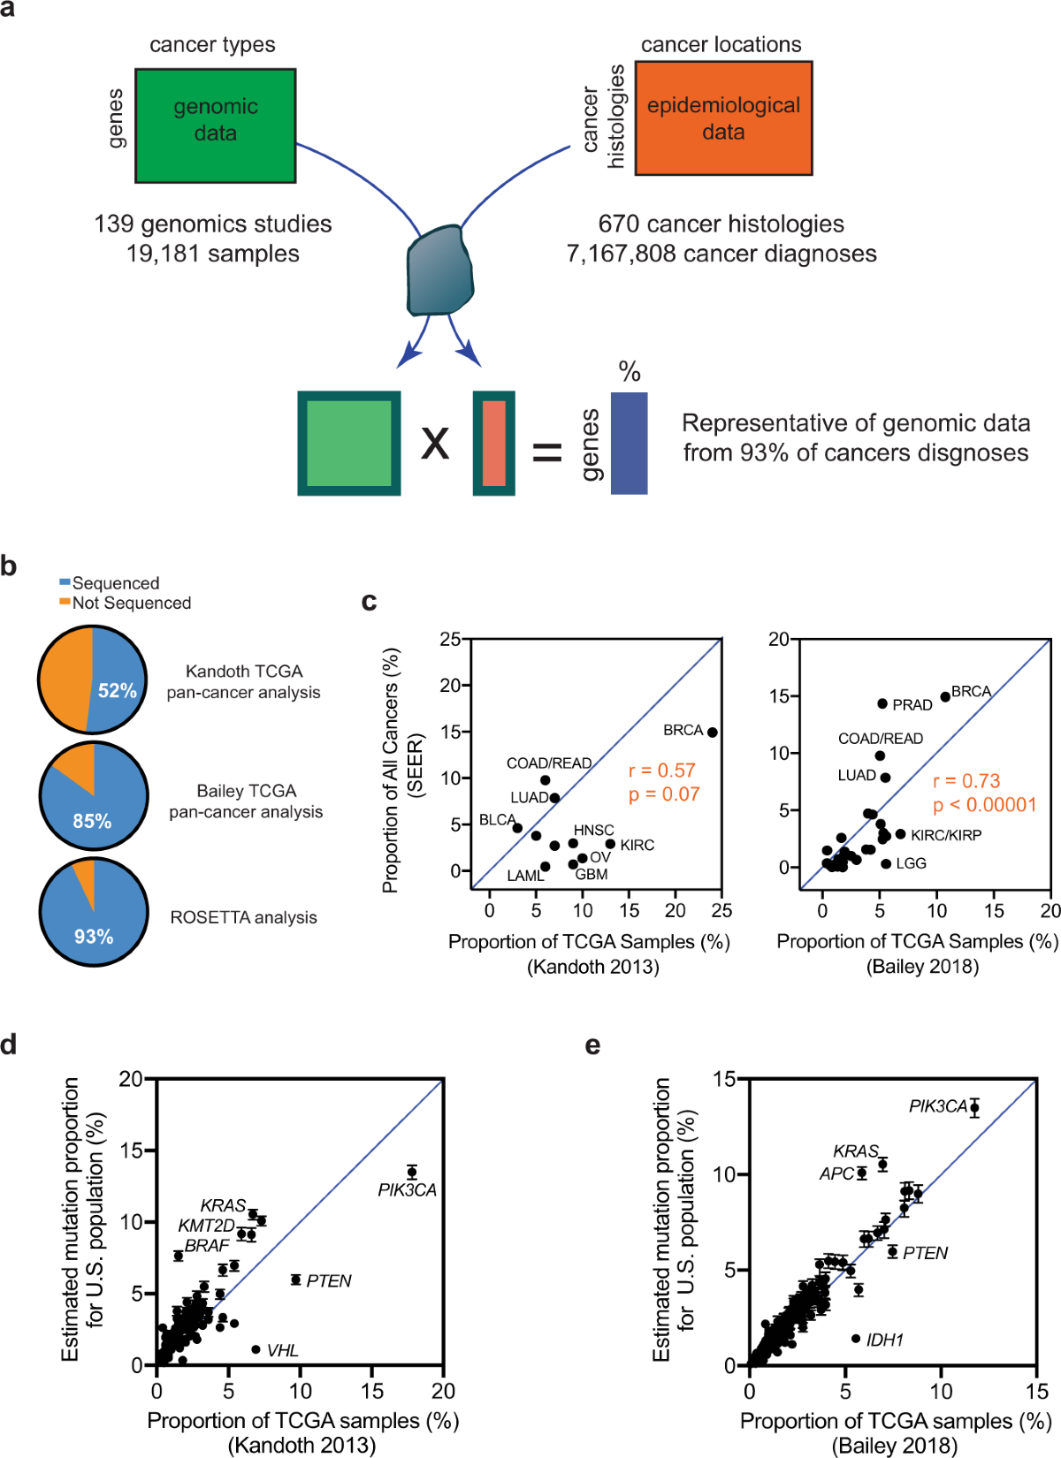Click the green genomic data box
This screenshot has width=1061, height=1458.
[215, 125]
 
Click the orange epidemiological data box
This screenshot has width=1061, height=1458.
[723, 118]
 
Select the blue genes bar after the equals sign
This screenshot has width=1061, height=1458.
[629, 443]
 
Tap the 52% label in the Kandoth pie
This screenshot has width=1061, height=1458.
[117, 690]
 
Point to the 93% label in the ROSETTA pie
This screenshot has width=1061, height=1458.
[94, 936]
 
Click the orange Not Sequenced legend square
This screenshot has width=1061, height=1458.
[65, 602]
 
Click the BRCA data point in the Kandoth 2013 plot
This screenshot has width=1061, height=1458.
[712, 732]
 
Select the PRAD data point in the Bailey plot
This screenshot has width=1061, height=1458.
[882, 703]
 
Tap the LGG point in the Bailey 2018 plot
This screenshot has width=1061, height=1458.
[886, 863]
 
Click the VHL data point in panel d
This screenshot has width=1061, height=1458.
[256, 1349]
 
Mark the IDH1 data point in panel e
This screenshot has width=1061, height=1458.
[856, 1339]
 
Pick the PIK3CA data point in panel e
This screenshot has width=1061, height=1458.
[974, 1107]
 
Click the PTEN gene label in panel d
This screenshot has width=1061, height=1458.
[328, 1280]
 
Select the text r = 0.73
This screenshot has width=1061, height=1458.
[966, 781]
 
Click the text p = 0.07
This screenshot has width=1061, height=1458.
[663, 794]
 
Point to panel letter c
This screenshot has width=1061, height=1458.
[370, 602]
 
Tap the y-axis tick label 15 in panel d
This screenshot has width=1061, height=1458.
[131, 1150]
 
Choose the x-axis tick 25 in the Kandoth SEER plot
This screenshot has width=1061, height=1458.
[721, 911]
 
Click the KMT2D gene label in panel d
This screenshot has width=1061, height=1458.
[206, 1226]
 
